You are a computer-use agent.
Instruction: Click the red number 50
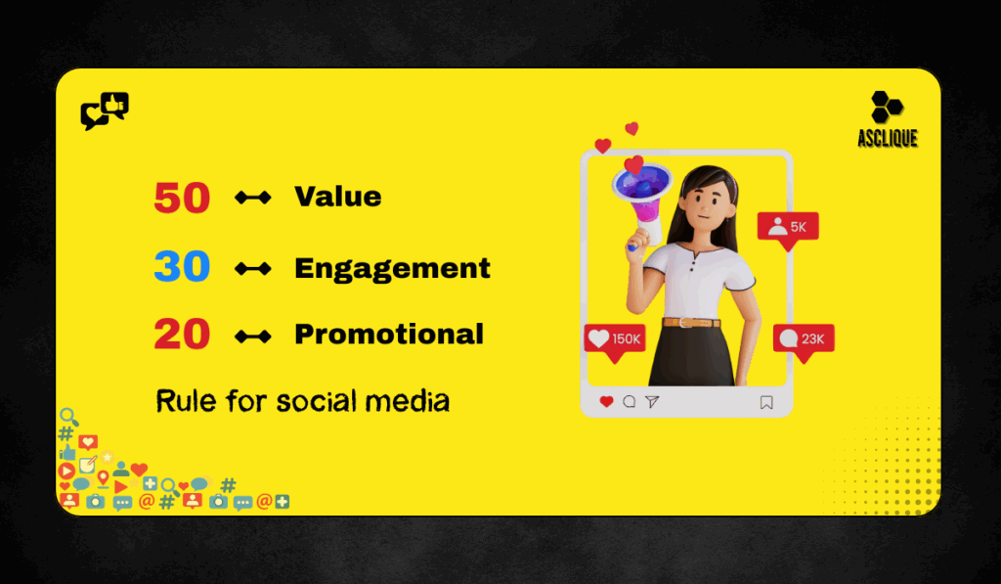[182, 199]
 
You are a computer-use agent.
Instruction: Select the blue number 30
[182, 267]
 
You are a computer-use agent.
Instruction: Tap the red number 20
[182, 336]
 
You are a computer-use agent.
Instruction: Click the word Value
[338, 197]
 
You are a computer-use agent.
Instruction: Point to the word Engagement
[392, 268]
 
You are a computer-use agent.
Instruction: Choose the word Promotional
[389, 335]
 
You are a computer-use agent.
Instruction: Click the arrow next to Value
[253, 199]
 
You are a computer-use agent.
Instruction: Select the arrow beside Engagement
[253, 268]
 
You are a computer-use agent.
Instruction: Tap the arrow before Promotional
[253, 337]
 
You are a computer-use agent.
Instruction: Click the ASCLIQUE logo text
[888, 139]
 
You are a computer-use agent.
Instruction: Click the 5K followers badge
[788, 227]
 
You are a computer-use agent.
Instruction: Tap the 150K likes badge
[614, 339]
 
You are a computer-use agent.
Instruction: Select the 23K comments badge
[804, 339]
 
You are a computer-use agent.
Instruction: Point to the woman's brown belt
[692, 322]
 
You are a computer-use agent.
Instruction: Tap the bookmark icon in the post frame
[766, 401]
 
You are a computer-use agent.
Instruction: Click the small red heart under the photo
[606, 401]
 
